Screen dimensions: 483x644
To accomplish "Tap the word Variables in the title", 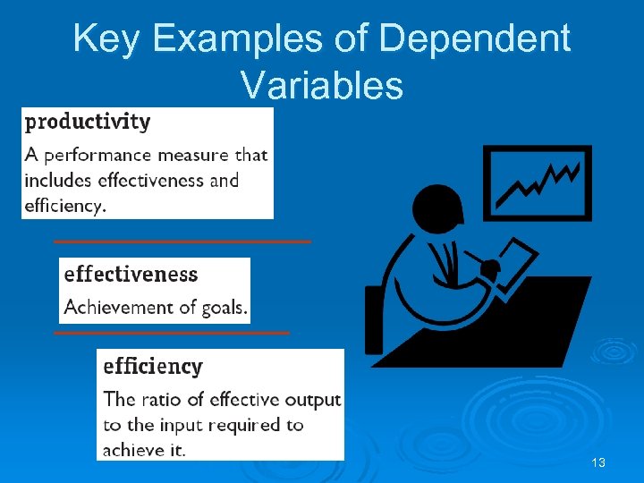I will click(x=322, y=85).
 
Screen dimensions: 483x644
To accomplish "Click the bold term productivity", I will click(x=87, y=121).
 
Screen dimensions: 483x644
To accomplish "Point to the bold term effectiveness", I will click(x=131, y=274).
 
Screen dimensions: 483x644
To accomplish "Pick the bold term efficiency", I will click(x=153, y=366).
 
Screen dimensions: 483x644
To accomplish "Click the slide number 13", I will click(x=598, y=462).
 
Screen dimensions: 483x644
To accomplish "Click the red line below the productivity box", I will click(x=182, y=241).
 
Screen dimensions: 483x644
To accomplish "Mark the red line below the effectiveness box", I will click(x=172, y=332).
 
